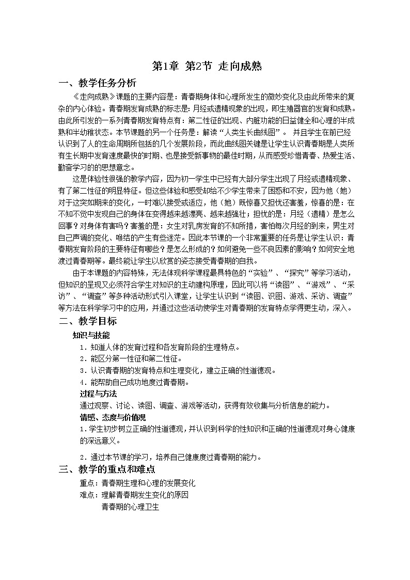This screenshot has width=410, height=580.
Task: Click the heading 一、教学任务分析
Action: pos(98,84)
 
